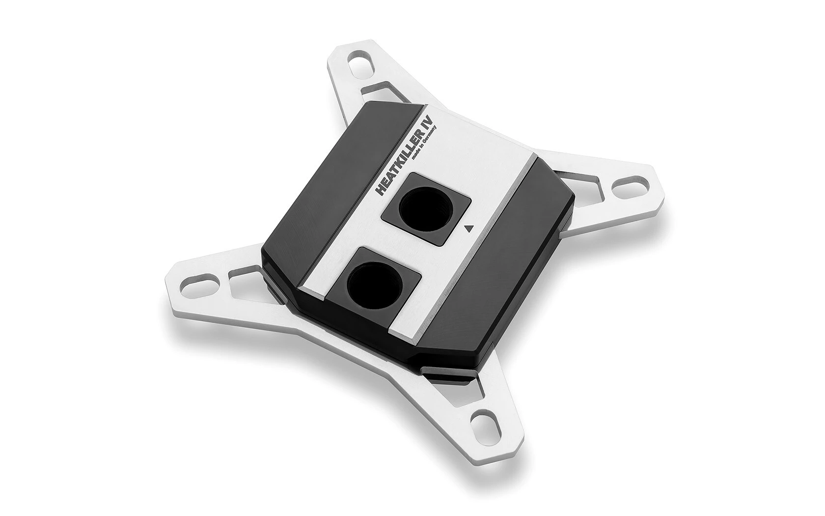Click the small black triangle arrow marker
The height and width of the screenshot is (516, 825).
[x=468, y=228]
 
